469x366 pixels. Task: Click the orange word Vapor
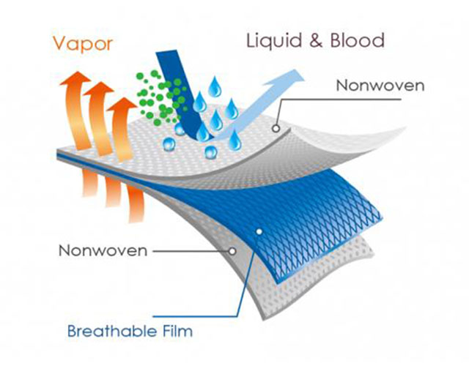(x=83, y=44)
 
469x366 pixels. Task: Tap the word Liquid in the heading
(x=273, y=41)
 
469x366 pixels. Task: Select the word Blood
(x=357, y=40)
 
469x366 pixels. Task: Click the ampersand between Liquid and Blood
(x=316, y=41)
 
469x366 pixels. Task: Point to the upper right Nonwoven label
(x=380, y=86)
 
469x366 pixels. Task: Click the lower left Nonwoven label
(x=103, y=250)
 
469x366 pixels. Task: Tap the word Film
(x=178, y=331)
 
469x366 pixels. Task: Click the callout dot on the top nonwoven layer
(x=276, y=129)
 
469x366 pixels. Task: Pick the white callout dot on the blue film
(x=259, y=231)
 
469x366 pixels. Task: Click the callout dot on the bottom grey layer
(x=232, y=251)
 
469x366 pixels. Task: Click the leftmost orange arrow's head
(x=75, y=79)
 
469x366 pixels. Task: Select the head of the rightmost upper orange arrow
(x=122, y=104)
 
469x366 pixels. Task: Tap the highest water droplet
(x=215, y=86)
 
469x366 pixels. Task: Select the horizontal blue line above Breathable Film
(x=195, y=316)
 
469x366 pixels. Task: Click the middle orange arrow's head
(x=99, y=89)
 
